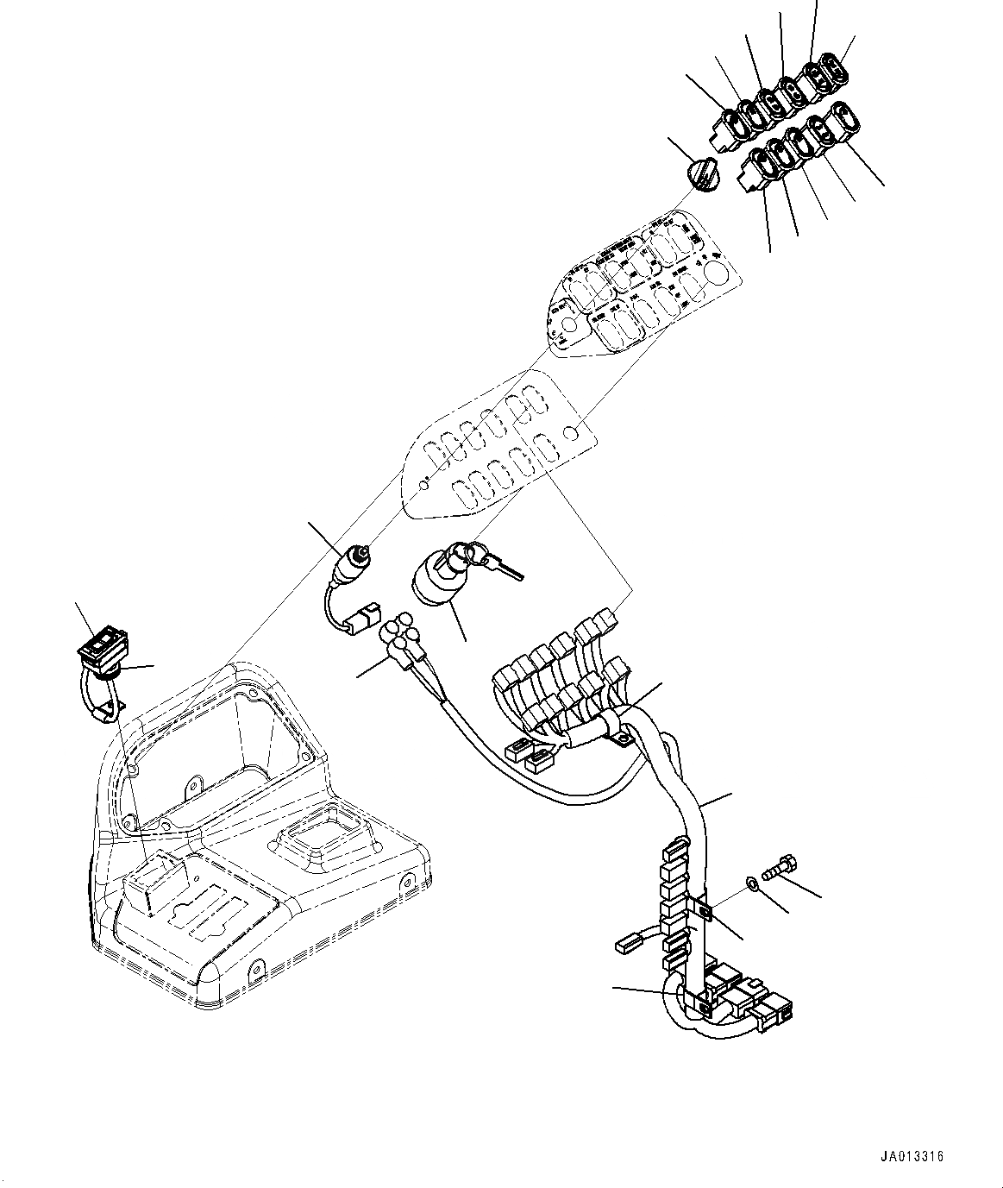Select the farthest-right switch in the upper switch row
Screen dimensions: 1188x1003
pyautogui.click(x=837, y=68)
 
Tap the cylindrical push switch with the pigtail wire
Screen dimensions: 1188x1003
pyautogui.click(x=353, y=560)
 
